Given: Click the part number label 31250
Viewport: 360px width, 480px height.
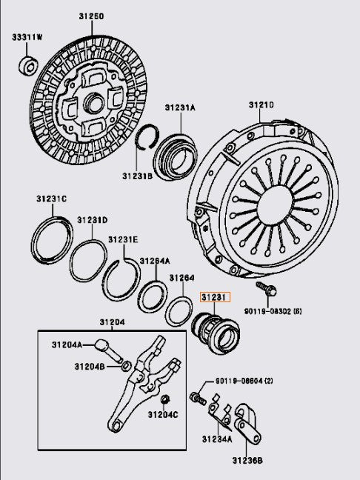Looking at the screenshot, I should click(92, 16).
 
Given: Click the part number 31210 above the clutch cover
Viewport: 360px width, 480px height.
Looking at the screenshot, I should click(261, 105).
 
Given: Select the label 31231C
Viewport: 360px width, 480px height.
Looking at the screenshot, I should click(51, 199).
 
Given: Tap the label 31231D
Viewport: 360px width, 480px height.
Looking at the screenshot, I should click(92, 220).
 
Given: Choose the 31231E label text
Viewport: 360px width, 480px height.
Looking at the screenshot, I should click(123, 239).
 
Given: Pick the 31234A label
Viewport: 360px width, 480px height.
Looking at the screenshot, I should click(217, 439).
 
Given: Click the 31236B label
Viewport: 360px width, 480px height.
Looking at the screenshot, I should click(247, 460).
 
